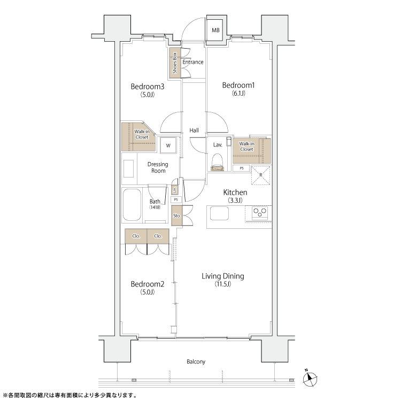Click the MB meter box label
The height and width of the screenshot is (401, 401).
(215, 30)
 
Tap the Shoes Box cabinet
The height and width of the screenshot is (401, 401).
(175, 63)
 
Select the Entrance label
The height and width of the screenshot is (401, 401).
(193, 62)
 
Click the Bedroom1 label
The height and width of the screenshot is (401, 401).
(238, 85)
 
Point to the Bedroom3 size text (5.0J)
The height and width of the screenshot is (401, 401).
(148, 95)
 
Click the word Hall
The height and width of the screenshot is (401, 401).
(194, 130)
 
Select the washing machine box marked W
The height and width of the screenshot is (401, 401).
(168, 145)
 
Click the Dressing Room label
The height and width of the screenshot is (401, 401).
(158, 167)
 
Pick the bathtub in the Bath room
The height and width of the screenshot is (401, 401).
(132, 205)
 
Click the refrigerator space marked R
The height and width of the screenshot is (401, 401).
(261, 175)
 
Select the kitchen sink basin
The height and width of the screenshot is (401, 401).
(219, 213)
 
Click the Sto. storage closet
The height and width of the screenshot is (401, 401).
(177, 215)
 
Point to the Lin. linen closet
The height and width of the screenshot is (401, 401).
(175, 189)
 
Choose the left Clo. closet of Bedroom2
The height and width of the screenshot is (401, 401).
(136, 236)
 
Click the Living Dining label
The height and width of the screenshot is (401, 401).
(223, 276)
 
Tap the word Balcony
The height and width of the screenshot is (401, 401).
(196, 361)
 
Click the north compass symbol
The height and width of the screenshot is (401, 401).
(310, 379)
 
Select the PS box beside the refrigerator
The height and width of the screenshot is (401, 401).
(242, 168)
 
